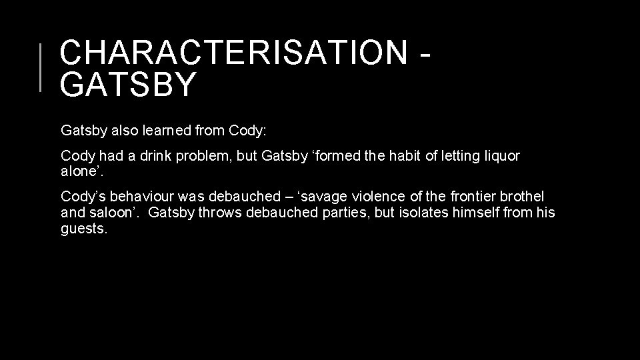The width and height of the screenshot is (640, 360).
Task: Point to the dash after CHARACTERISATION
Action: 425,55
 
